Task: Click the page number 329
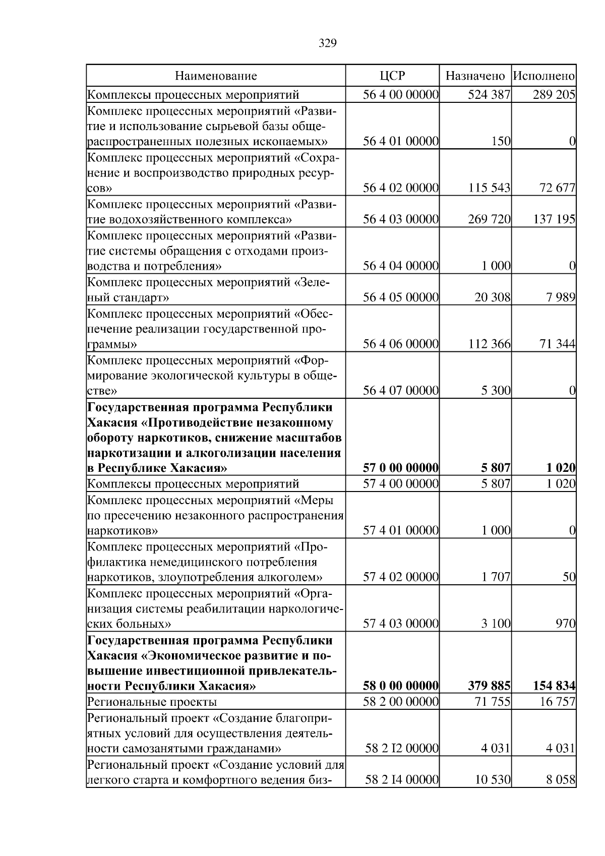tap(328, 43)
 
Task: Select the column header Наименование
tap(216, 76)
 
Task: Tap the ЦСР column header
tap(392, 76)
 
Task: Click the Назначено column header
tap(475, 76)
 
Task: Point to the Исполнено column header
tap(544, 76)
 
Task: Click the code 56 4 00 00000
tap(401, 95)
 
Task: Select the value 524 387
tap(489, 95)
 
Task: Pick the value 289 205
tap(554, 95)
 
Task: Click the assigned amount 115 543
tap(489, 189)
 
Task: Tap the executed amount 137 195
tap(554, 220)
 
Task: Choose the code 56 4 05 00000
tap(401, 297)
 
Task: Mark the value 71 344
tap(558, 344)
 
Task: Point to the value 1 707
tap(496, 577)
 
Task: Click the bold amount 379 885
tap(489, 686)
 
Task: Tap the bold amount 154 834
tap(554, 686)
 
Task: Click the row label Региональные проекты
tap(152, 702)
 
